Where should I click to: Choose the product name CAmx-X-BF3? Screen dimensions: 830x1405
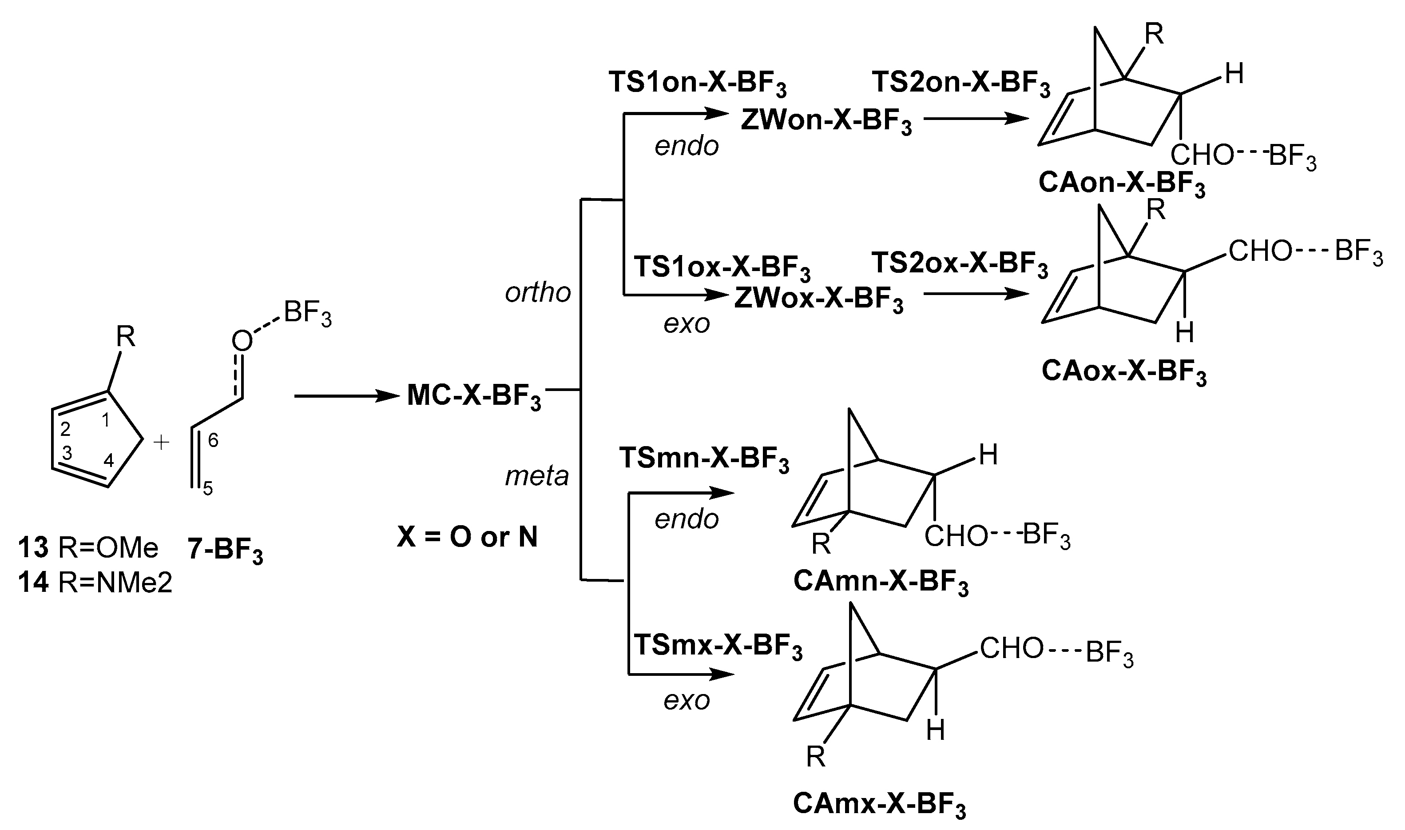point(879,805)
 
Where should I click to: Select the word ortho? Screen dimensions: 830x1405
point(538,292)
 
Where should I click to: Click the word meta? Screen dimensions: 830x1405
point(536,476)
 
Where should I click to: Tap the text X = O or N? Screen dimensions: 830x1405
point(467,537)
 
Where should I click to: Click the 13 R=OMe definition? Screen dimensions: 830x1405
point(88,548)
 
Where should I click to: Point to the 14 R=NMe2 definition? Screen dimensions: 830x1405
point(95,583)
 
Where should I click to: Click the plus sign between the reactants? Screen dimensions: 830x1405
point(162,443)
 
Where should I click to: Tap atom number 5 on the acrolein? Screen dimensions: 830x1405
point(208,489)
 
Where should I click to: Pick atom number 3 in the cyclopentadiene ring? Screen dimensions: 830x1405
point(67,453)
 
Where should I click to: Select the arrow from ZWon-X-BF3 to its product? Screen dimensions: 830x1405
point(975,119)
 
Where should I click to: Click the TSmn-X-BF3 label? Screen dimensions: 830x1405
point(704,460)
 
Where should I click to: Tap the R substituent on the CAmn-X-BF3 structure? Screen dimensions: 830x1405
point(821,544)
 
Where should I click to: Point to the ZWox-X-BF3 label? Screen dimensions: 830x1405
point(819,301)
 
